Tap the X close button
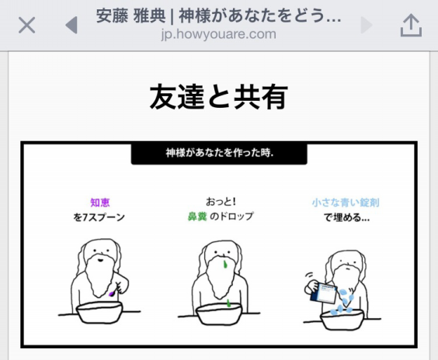click(x=26, y=26)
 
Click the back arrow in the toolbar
click(x=71, y=26)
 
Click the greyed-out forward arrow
click(x=367, y=26)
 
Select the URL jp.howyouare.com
click(x=218, y=35)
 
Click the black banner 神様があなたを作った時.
click(x=219, y=153)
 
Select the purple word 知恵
click(x=100, y=202)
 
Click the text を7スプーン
click(x=100, y=217)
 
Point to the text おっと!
click(x=219, y=200)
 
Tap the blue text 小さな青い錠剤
click(x=340, y=202)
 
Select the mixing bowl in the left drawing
click(x=99, y=314)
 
